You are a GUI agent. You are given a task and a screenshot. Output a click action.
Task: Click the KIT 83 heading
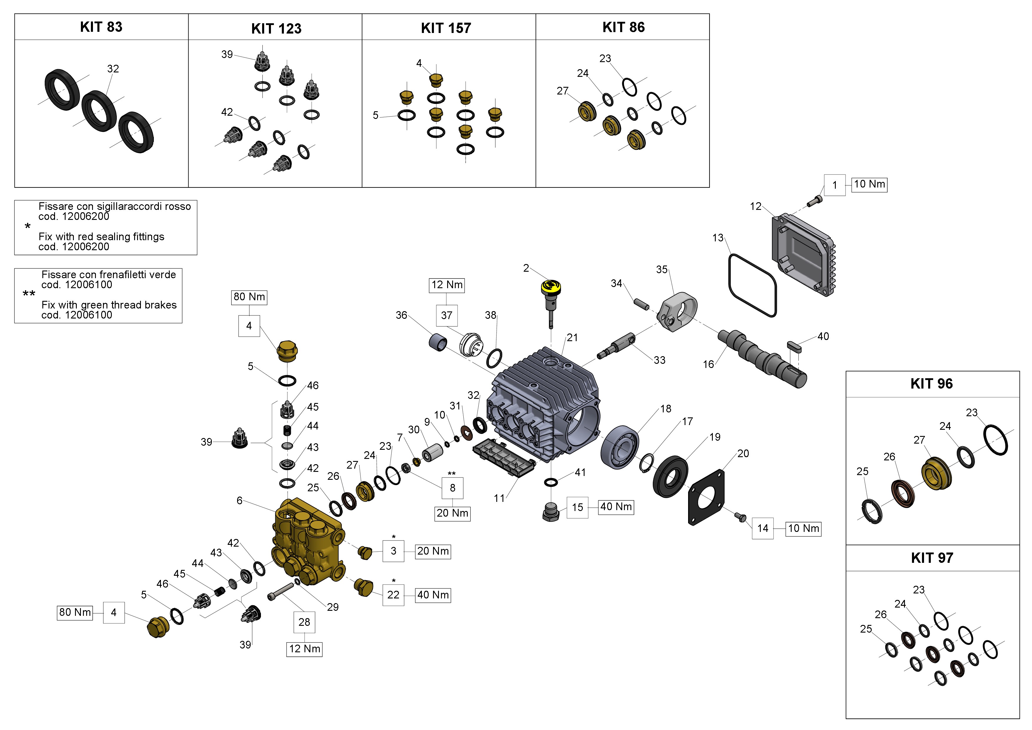(101, 27)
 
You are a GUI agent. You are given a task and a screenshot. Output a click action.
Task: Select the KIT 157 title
(446, 28)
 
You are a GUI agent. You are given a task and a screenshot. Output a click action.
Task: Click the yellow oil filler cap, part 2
(551, 288)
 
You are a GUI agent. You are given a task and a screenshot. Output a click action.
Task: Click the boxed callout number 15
(577, 507)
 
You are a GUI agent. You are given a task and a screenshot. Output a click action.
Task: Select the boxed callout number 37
(446, 315)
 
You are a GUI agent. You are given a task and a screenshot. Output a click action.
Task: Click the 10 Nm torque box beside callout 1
(869, 184)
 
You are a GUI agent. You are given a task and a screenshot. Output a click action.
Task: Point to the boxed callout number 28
(304, 622)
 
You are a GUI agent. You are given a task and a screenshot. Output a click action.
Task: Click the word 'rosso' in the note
(179, 206)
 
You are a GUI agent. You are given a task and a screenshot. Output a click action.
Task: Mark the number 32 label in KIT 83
(113, 69)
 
